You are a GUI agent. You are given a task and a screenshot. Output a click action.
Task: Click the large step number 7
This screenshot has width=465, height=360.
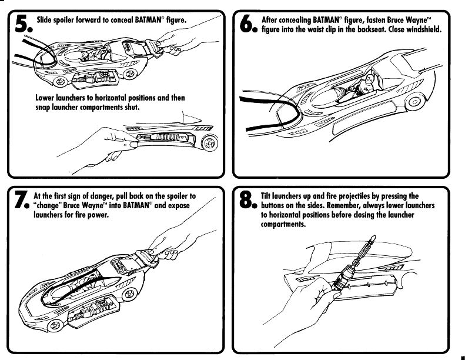(x=21, y=201)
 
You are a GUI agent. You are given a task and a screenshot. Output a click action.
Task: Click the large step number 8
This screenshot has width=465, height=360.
(x=247, y=201)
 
